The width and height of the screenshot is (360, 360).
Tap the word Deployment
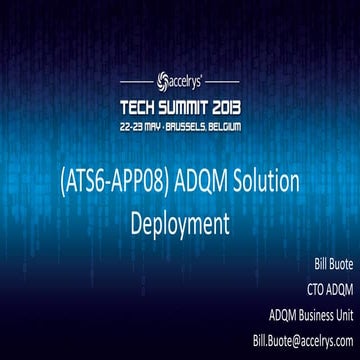[x=180, y=217]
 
